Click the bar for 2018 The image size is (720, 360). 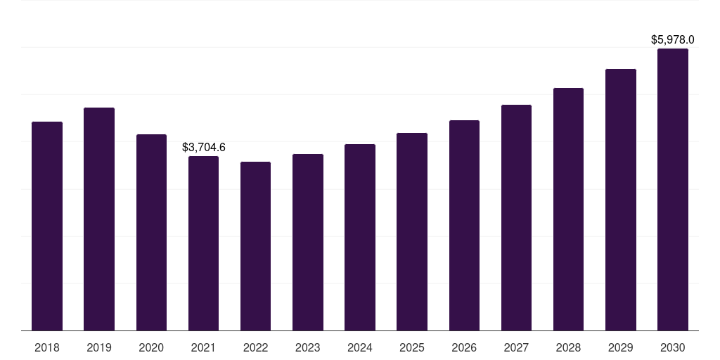click(47, 226)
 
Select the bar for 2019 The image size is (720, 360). click(99, 219)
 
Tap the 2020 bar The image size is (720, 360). click(151, 232)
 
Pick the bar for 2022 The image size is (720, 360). click(255, 246)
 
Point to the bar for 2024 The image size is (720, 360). click(360, 237)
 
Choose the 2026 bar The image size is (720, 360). click(464, 225)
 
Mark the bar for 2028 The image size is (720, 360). click(568, 209)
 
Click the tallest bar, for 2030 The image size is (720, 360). click(673, 189)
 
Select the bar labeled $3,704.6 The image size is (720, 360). click(203, 243)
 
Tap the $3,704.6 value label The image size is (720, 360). click(203, 147)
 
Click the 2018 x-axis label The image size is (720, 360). click(47, 347)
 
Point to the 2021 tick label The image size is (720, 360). click(203, 347)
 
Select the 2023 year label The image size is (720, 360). click(308, 347)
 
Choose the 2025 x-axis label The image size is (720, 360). click(412, 347)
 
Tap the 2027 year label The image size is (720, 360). click(516, 347)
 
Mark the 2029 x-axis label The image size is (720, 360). click(621, 347)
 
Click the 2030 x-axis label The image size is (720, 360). click(673, 347)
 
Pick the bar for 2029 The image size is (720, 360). click(621, 200)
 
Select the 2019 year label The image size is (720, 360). click(99, 347)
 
